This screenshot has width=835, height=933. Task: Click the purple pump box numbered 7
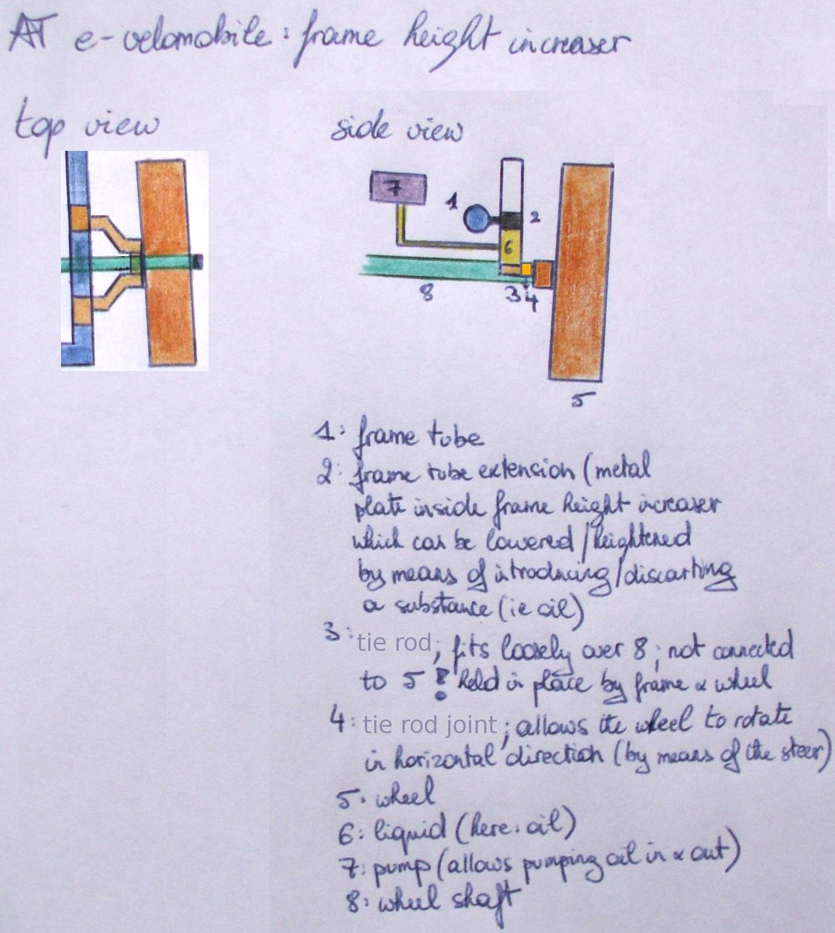pyautogui.click(x=398, y=188)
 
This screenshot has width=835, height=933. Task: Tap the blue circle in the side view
pyautogui.click(x=477, y=218)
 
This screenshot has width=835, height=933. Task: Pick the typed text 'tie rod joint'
pyautogui.click(x=430, y=725)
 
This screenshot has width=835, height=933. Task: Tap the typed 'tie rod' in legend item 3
pyautogui.click(x=394, y=643)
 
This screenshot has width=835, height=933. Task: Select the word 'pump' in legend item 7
pyautogui.click(x=400, y=870)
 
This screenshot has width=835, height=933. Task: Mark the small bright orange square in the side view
pyautogui.click(x=526, y=269)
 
